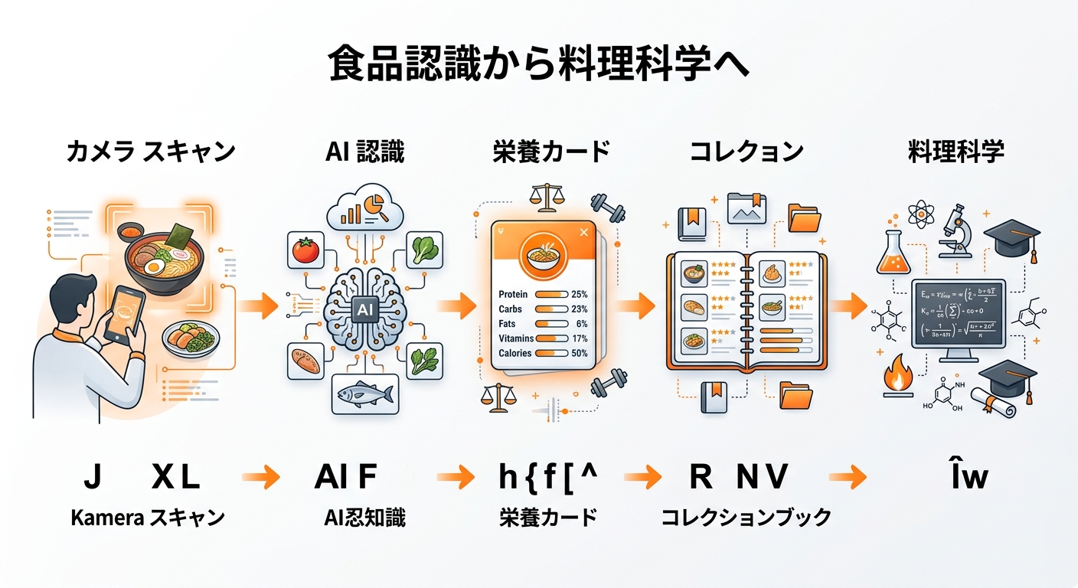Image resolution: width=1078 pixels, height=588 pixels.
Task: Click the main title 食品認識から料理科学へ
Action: click(x=538, y=65)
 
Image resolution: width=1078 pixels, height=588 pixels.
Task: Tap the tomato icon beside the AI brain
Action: click(x=305, y=250)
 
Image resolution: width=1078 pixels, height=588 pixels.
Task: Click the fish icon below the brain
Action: click(x=364, y=394)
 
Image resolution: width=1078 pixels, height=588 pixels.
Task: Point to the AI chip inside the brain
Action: click(x=364, y=309)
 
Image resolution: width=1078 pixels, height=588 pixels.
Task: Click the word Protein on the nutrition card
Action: click(x=513, y=295)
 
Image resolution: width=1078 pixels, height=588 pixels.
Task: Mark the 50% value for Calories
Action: click(x=579, y=353)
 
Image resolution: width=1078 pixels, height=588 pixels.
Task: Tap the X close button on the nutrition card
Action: click(x=584, y=231)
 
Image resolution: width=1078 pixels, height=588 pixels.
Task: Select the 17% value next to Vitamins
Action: click(x=579, y=338)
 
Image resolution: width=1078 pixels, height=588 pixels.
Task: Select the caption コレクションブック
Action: click(x=746, y=518)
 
